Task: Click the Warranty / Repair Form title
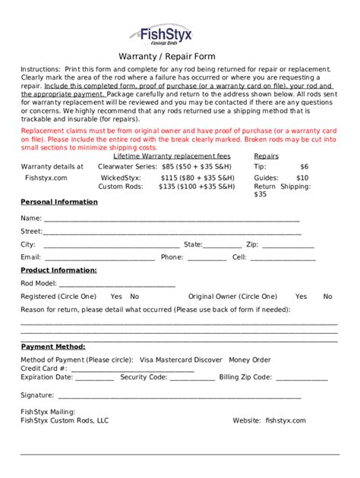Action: coord(166,56)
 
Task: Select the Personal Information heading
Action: coord(58,202)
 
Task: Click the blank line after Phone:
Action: coord(206,259)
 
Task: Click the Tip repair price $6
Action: coord(304,166)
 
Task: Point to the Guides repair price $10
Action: coord(302,178)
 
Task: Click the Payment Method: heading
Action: coord(52,347)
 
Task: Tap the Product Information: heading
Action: coord(58,270)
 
